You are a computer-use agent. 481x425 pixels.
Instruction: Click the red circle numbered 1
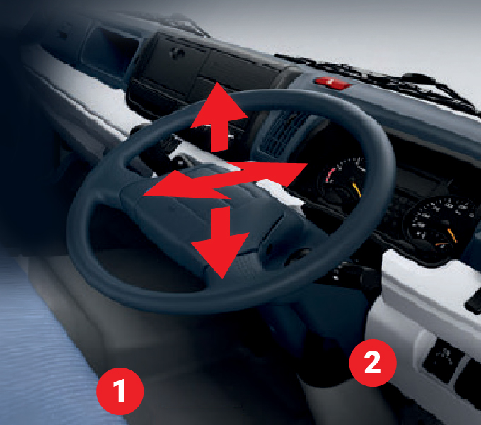(x=120, y=391)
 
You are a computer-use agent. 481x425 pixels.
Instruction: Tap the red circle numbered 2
(x=373, y=363)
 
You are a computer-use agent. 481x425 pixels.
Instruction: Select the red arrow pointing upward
(x=219, y=118)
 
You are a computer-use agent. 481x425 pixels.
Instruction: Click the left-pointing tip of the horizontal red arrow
(x=144, y=195)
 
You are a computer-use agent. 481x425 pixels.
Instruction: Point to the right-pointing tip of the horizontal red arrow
(x=308, y=164)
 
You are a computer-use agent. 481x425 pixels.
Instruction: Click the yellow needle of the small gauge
(x=357, y=190)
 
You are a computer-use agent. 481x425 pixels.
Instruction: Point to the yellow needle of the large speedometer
(x=452, y=236)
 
